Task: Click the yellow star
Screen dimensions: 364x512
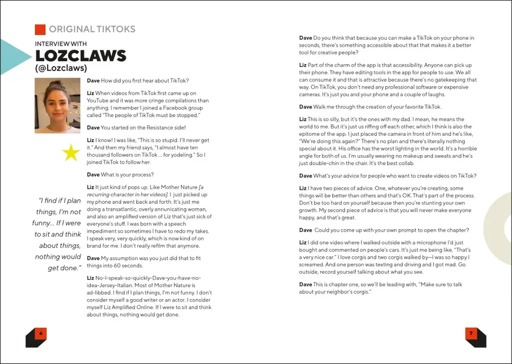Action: coord(70,153)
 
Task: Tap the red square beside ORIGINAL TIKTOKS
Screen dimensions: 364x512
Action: coord(40,29)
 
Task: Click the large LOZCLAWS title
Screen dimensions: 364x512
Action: coord(80,56)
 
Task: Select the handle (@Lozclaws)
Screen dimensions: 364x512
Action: coord(61,68)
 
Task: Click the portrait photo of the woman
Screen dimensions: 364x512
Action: coord(57,106)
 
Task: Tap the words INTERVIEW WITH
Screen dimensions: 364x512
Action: coord(60,44)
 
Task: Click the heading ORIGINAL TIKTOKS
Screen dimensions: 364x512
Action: coord(92,29)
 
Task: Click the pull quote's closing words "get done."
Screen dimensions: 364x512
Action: coord(64,268)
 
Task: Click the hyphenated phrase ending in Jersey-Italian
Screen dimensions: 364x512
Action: coord(143,285)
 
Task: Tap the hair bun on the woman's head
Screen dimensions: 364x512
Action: coord(56,83)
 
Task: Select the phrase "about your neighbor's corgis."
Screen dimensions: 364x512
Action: coord(334,292)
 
